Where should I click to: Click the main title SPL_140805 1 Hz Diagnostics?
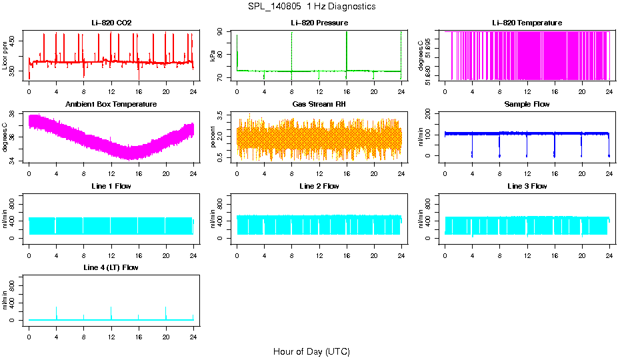311,7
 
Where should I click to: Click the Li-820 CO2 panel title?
111,23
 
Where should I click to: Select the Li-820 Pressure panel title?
319,23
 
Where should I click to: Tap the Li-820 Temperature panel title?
527,23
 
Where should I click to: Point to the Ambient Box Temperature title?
111,104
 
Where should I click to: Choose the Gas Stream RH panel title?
319,104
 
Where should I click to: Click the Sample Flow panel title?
527,104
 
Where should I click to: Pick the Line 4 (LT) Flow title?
111,267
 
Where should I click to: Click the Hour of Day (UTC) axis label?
311,351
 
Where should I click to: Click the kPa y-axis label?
213,56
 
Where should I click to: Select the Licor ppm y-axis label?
5,56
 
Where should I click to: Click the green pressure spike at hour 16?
347,47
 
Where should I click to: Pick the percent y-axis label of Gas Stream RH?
213,137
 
